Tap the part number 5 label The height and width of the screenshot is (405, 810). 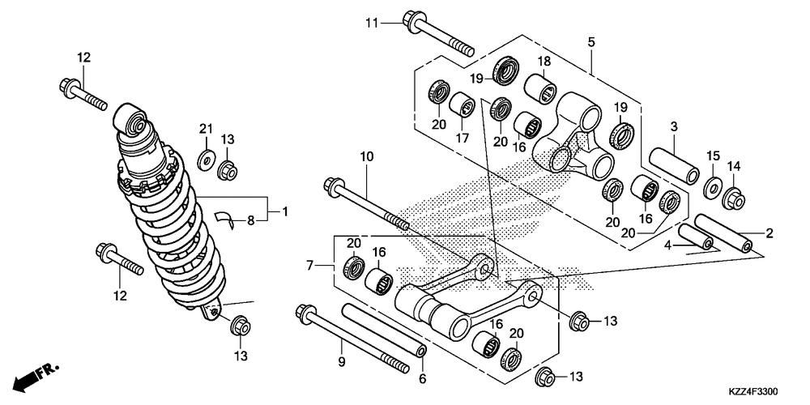click(x=591, y=40)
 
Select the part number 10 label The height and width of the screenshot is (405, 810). click(x=364, y=156)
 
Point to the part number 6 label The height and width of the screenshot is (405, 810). click(x=422, y=378)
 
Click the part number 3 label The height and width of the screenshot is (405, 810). click(x=673, y=126)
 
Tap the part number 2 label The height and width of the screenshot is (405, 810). click(x=769, y=233)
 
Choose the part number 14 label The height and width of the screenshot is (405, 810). click(x=734, y=167)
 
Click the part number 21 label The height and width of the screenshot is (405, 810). click(x=206, y=129)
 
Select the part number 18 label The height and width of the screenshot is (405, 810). click(x=542, y=61)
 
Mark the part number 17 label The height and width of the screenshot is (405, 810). click(x=463, y=139)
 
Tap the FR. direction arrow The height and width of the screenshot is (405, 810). click(x=39, y=374)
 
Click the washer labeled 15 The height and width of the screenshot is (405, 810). click(x=713, y=185)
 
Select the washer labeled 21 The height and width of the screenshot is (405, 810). click(x=205, y=158)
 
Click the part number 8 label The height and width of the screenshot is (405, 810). click(x=251, y=219)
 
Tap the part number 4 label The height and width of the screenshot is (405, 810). click(x=669, y=244)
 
